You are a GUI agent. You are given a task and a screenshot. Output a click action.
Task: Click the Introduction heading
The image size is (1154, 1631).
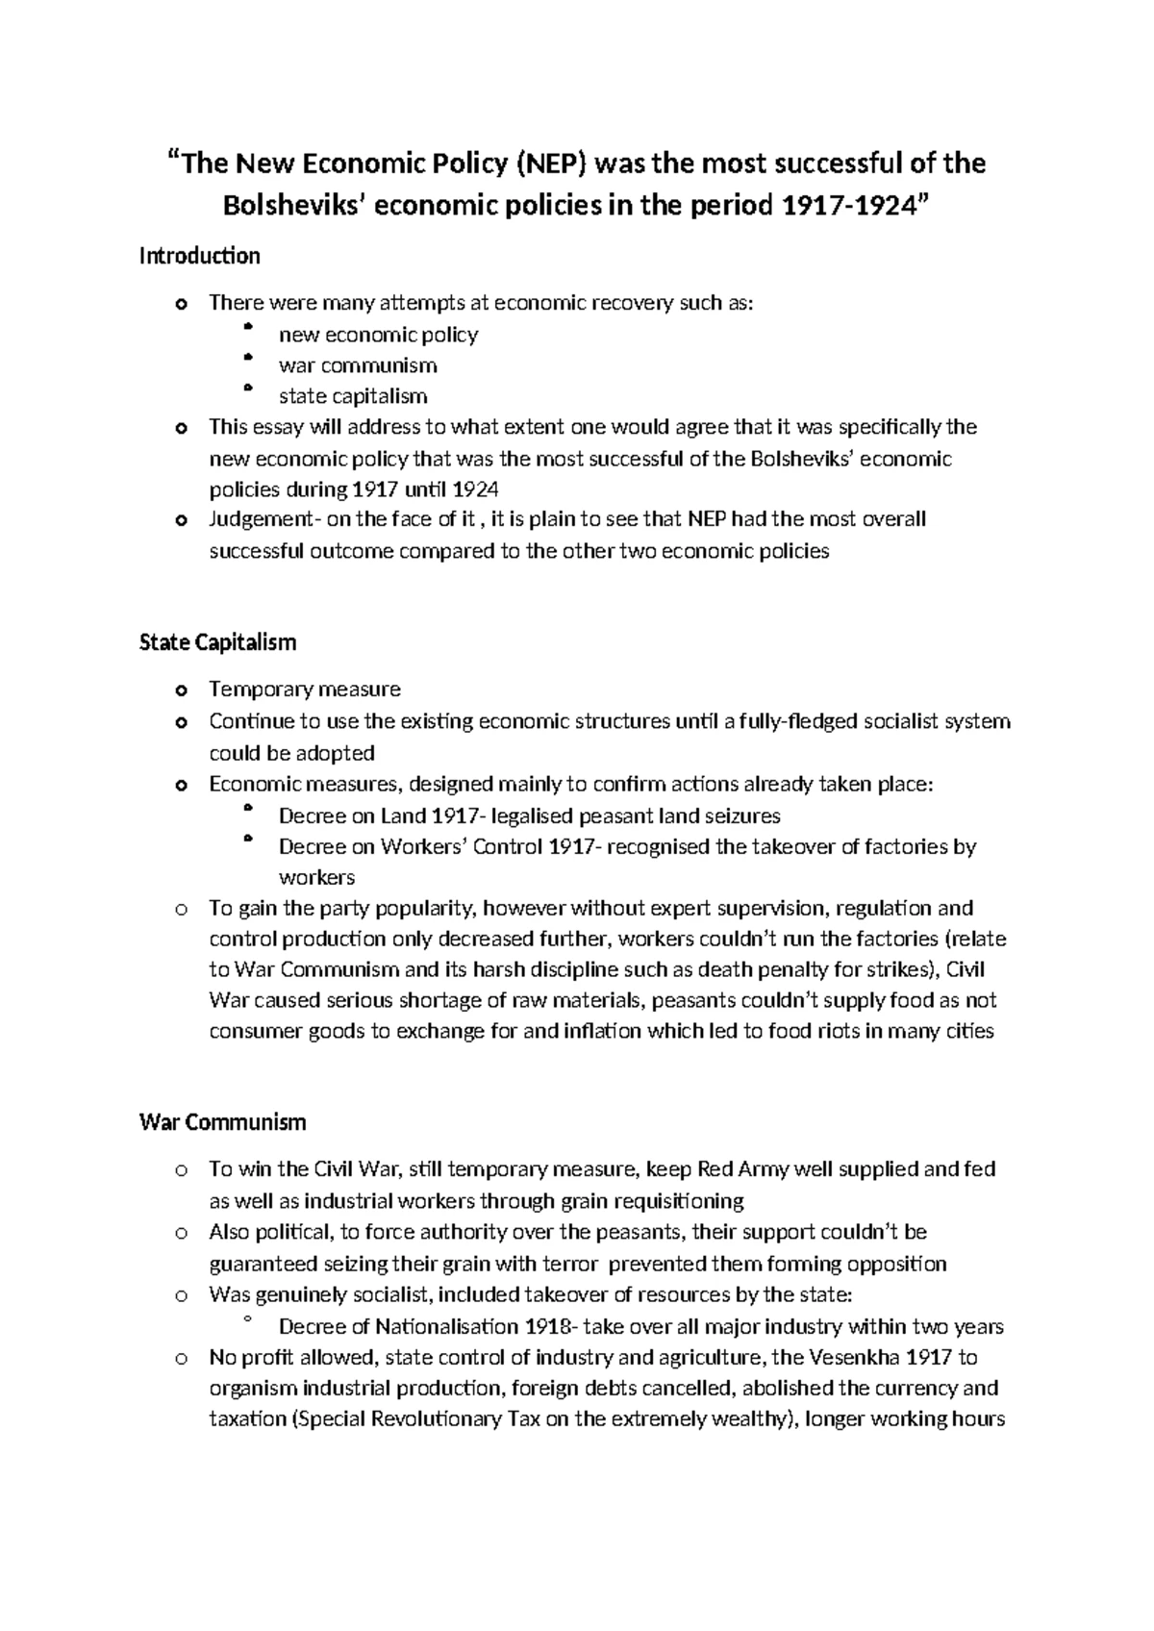point(199,256)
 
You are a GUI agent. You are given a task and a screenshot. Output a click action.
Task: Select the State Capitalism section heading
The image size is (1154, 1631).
point(217,641)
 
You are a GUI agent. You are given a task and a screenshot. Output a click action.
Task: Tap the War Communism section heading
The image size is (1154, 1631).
point(222,1122)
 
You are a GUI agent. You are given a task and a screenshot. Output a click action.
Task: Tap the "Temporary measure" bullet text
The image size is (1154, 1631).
point(305,690)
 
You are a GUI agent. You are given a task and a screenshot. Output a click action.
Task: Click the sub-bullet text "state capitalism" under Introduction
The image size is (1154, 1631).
point(353,396)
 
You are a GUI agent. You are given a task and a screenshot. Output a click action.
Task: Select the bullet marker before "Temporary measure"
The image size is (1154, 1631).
point(179,690)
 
